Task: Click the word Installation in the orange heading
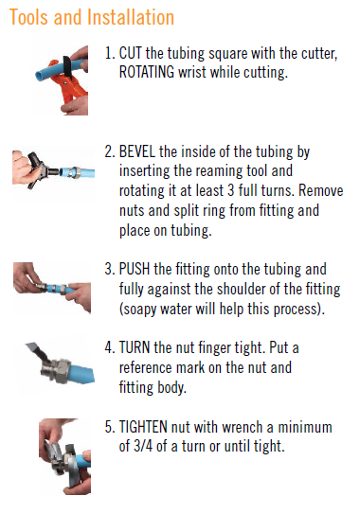pos(131,17)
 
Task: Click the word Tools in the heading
pos(28,17)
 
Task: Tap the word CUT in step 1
pos(131,53)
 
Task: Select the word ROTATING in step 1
pos(146,72)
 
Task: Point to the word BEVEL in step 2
pos(136,151)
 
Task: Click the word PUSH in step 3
pos(135,269)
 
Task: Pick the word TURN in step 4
pos(135,347)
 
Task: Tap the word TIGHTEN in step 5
pos(143,427)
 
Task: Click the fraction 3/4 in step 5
pos(143,446)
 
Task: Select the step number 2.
pos(109,151)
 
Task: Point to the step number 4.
pos(109,347)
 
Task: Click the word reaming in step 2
pos(216,171)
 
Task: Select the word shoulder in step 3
pos(241,289)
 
